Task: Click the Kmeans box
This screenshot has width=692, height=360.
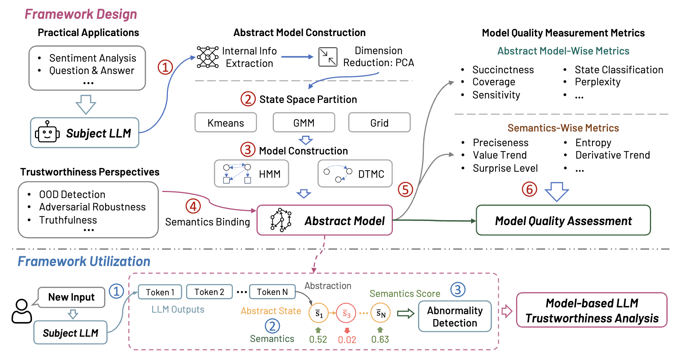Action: (x=225, y=123)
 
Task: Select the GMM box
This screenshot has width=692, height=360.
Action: (x=304, y=123)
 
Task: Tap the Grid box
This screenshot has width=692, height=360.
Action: (x=379, y=123)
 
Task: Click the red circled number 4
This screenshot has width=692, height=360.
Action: (x=193, y=206)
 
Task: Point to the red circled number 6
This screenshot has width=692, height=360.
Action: (x=529, y=189)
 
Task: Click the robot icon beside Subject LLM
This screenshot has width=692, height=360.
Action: (x=47, y=132)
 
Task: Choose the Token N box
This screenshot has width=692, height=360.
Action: (x=272, y=292)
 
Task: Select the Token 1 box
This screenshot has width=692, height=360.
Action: (x=160, y=292)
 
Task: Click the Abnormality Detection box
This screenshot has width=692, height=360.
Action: (x=455, y=316)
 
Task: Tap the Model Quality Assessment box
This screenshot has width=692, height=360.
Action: (x=563, y=221)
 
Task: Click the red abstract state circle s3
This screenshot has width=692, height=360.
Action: (x=346, y=313)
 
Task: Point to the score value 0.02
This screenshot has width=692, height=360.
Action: (x=347, y=340)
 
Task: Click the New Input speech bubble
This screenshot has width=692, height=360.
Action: (x=71, y=297)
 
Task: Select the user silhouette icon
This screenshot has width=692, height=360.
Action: (x=21, y=311)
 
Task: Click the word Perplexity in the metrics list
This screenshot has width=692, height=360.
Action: (x=597, y=82)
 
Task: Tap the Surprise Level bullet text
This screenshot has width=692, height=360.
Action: (x=505, y=168)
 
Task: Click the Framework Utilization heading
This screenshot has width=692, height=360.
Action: (x=84, y=261)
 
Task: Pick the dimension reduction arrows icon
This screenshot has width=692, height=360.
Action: (x=328, y=57)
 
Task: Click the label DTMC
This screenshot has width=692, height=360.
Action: (x=371, y=174)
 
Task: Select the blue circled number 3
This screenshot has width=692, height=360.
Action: (x=458, y=289)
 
